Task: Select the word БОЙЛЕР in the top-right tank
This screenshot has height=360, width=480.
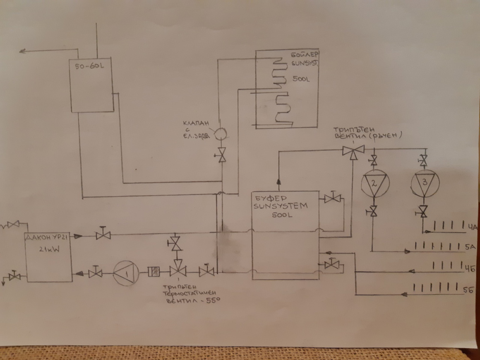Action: click(x=304, y=55)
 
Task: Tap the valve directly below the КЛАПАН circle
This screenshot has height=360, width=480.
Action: click(x=222, y=155)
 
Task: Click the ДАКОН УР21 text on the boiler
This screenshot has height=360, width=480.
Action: click(x=47, y=237)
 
